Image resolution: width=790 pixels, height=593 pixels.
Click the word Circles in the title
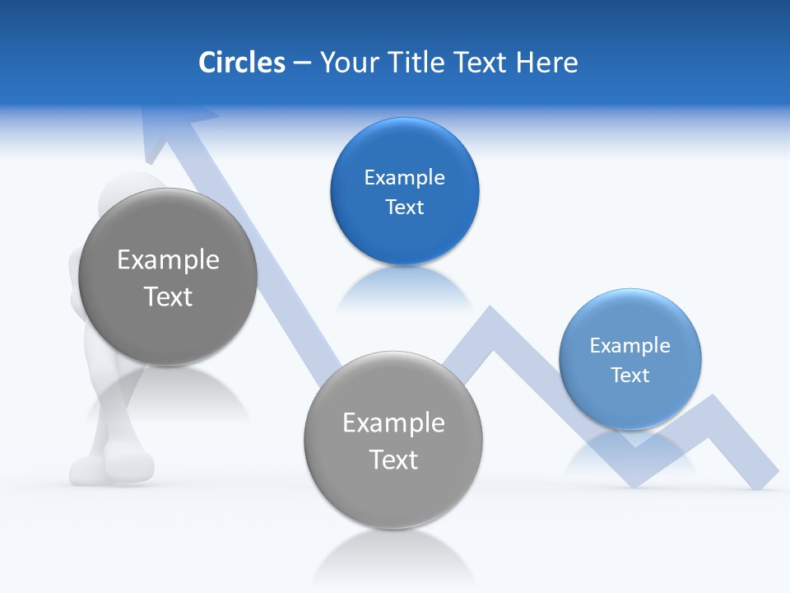click(241, 63)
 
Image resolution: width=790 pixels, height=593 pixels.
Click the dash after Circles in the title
click(302, 63)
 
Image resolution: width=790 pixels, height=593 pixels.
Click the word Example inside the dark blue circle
click(404, 177)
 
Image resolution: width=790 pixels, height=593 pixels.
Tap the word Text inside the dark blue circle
click(404, 207)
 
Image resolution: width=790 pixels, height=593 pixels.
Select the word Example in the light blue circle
click(630, 345)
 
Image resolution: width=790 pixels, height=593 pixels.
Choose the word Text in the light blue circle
click(630, 375)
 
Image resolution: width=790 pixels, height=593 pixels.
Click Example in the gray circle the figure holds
click(168, 259)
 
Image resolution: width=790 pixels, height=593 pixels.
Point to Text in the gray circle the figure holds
click(168, 296)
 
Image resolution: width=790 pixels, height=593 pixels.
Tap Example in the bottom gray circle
click(393, 423)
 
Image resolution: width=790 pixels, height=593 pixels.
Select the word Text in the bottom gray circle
click(393, 459)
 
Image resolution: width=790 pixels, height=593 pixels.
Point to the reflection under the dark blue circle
click(404, 288)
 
